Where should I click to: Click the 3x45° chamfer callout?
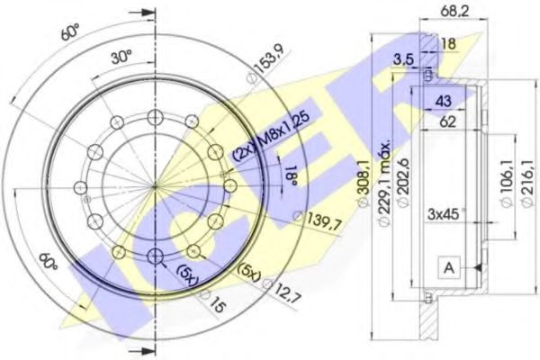click(x=446, y=214)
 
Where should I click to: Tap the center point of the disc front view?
click(x=155, y=185)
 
